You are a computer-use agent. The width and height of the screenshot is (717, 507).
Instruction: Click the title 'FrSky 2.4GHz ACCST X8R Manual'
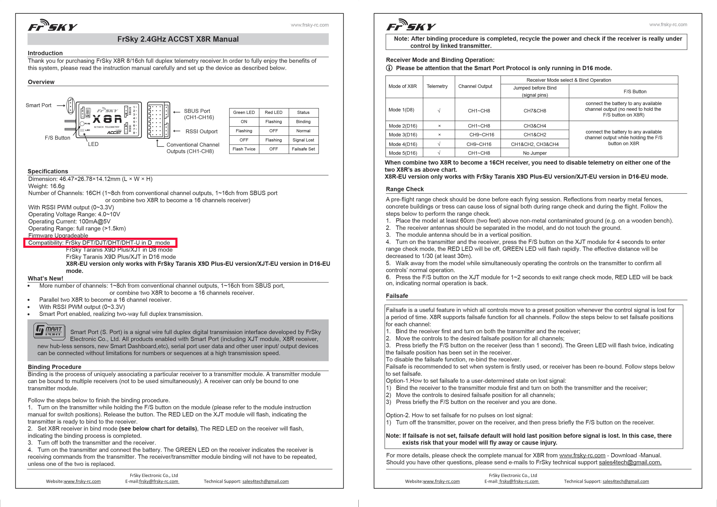(x=178, y=39)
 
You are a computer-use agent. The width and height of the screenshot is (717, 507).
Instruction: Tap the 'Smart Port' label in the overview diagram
(x=38, y=105)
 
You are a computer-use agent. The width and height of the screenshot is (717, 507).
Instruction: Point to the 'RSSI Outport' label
(x=201, y=131)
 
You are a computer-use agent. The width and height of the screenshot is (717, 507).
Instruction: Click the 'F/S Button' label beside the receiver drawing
(x=57, y=138)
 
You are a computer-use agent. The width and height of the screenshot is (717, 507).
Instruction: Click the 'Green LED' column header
(x=244, y=112)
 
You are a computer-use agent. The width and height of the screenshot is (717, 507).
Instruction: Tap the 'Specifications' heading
(x=48, y=171)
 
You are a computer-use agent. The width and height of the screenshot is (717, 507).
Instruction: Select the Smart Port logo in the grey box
(x=49, y=331)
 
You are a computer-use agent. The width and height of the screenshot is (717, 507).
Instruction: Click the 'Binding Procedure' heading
(x=54, y=367)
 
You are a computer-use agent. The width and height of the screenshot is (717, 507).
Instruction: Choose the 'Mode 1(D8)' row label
(x=401, y=110)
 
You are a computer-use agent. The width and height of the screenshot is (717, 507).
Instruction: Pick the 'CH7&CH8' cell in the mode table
(x=535, y=111)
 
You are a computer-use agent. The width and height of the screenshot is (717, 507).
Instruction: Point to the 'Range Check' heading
(x=405, y=189)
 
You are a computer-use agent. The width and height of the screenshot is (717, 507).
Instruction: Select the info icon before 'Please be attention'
(x=389, y=68)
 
